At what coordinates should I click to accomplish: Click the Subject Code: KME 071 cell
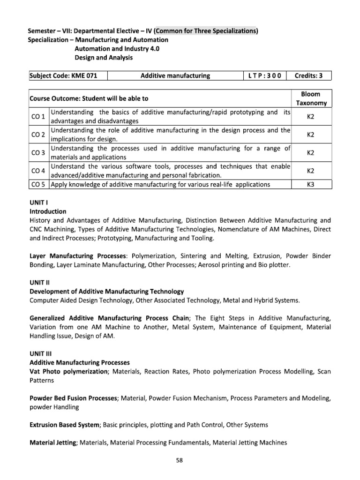[67, 76]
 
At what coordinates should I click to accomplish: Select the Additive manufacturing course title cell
[175, 76]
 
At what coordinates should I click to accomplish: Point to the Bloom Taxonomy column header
[311, 98]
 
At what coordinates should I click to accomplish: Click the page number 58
[180, 460]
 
